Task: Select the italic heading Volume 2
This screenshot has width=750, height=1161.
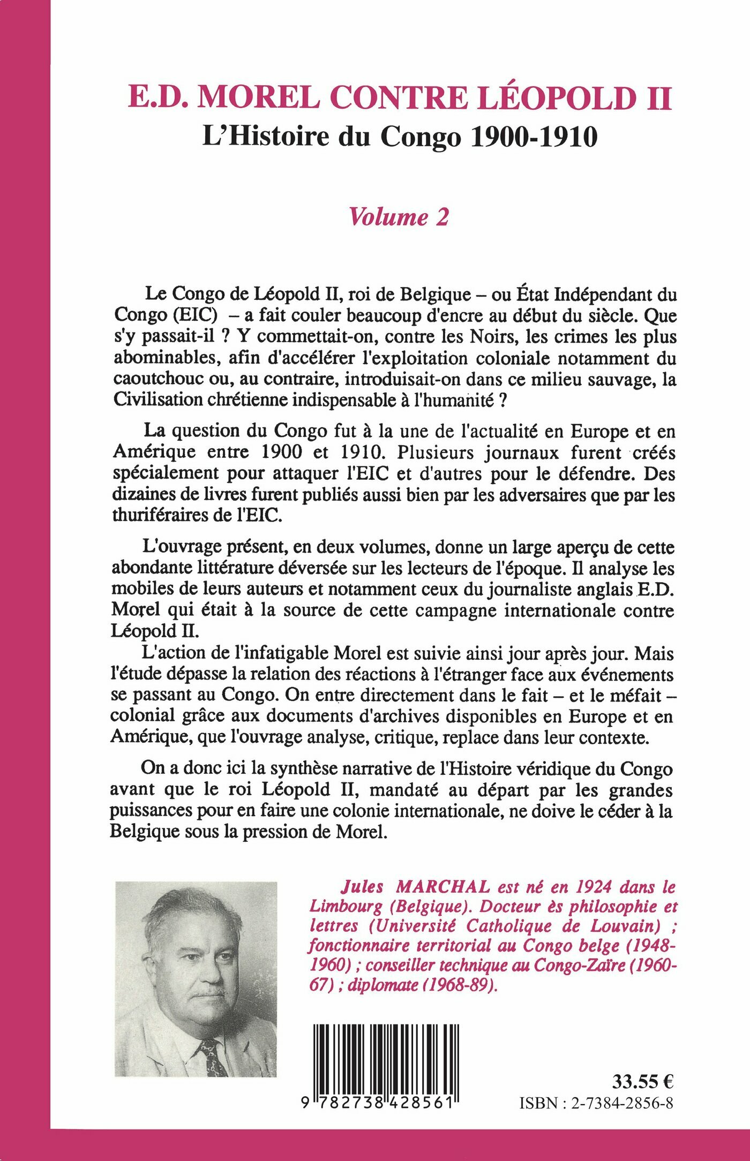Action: coord(399,216)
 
